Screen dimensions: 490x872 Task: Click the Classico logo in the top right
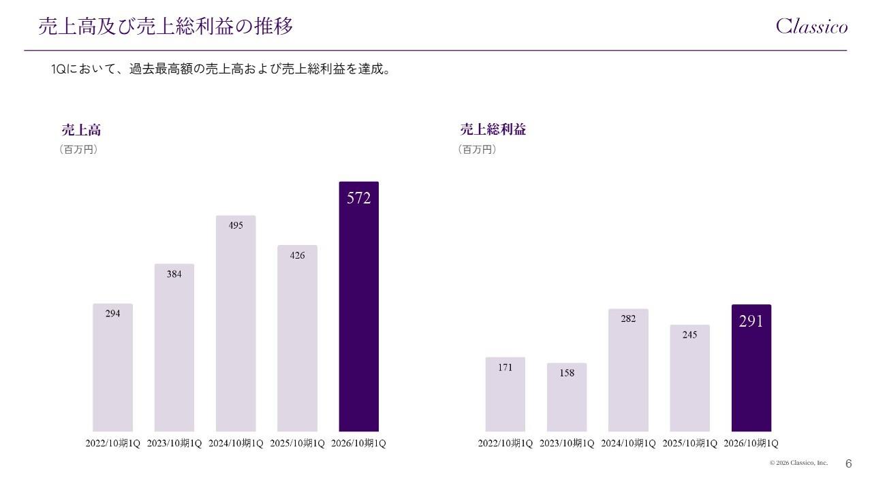click(x=812, y=27)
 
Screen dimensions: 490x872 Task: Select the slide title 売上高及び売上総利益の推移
click(x=166, y=27)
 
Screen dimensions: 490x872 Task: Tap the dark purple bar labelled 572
click(x=358, y=306)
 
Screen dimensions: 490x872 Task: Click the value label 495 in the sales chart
click(x=236, y=225)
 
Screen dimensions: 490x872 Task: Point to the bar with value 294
click(x=112, y=367)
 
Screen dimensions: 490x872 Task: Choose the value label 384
click(x=174, y=274)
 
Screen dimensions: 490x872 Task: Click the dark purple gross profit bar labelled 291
click(x=751, y=367)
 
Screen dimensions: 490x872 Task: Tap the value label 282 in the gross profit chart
click(x=628, y=318)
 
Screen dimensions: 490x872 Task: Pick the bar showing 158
click(x=567, y=397)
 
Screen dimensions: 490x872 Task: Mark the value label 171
click(x=505, y=367)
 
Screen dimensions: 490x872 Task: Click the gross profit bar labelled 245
click(x=689, y=378)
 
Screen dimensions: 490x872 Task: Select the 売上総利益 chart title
click(x=493, y=129)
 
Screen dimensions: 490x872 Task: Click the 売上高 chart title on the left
click(x=81, y=129)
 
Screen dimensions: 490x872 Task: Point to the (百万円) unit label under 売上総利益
click(x=477, y=149)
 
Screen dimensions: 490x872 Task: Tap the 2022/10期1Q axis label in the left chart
click(x=112, y=444)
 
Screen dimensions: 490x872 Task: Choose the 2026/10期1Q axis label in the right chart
click(x=751, y=444)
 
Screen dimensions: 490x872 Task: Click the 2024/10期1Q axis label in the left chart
click(x=236, y=444)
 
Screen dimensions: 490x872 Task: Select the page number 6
click(x=848, y=463)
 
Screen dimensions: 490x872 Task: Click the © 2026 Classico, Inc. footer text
click(x=798, y=463)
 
